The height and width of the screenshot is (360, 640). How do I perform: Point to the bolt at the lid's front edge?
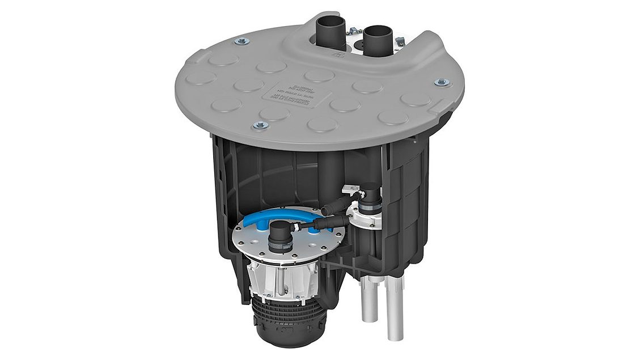pyautogui.click(x=260, y=125)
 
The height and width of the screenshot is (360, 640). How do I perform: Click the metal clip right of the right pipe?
pyautogui.click(x=400, y=41)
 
